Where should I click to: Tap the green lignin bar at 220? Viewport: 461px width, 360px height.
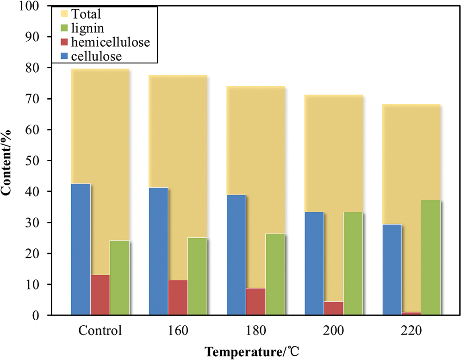(x=430, y=257)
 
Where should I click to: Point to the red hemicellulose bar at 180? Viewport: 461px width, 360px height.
(x=255, y=302)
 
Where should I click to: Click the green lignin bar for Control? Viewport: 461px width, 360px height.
(x=119, y=278)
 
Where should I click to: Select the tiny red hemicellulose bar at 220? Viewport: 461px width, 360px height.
(x=411, y=314)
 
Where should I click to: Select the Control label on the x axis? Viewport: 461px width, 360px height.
(x=100, y=331)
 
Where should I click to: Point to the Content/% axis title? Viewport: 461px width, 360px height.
(x=8, y=161)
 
